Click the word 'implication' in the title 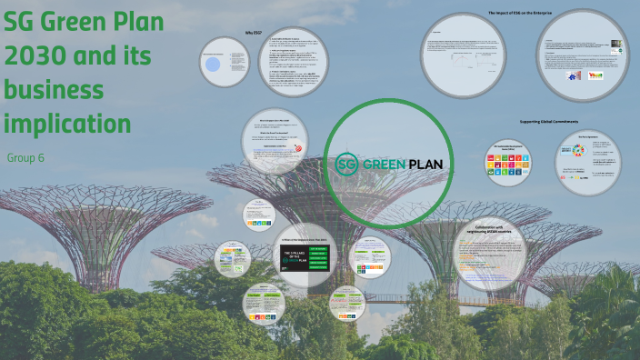pyautogui.click(x=67, y=123)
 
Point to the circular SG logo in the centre pyautogui.click(x=346, y=164)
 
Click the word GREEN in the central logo pyautogui.click(x=388, y=165)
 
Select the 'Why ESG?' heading pyautogui.click(x=255, y=33)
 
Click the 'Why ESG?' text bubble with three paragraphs pyautogui.click(x=293, y=62)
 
